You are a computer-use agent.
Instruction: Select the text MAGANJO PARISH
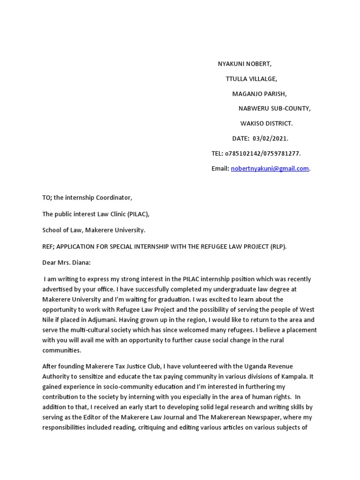pyautogui.click(x=259, y=94)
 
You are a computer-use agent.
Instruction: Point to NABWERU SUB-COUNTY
pyautogui.click(x=274, y=109)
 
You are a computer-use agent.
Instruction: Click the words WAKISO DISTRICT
pyautogui.click(x=266, y=124)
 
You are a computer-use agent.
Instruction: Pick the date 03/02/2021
pyautogui.click(x=270, y=139)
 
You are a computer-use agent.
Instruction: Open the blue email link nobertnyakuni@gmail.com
pyautogui.click(x=270, y=169)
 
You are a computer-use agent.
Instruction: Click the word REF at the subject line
pyautogui.click(x=48, y=247)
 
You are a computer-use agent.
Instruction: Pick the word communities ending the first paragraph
pyautogui.click(x=61, y=350)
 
